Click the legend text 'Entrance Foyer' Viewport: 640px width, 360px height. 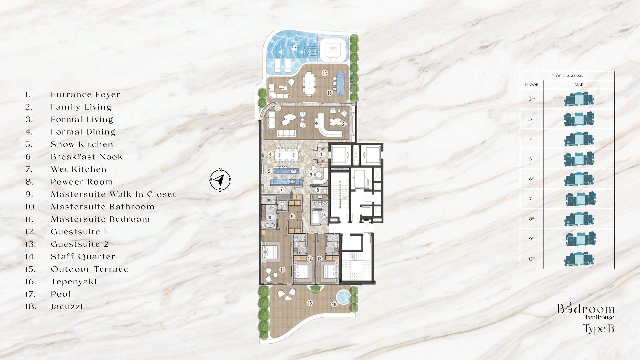coord(85,95)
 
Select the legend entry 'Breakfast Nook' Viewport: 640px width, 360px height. coord(87,157)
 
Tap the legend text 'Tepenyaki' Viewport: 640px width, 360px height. coord(74,282)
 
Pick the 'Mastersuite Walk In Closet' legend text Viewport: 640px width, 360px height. coord(113,194)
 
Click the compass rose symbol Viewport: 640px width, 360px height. coord(220,180)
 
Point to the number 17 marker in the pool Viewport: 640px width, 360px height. coord(294,49)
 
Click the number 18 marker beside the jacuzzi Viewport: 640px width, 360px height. coord(334,304)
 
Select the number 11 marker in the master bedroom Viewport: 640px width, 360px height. coord(282,270)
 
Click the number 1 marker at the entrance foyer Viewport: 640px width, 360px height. coord(321,155)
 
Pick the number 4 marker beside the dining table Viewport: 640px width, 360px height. coord(271,154)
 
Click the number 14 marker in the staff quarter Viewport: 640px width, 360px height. coord(323,215)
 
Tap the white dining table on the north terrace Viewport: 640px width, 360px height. coord(309,84)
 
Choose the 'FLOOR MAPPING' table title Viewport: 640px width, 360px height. coord(567,76)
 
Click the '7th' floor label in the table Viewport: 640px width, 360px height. coord(532,199)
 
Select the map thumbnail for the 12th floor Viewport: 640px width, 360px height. coord(579,259)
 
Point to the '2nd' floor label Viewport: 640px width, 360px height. coord(532,99)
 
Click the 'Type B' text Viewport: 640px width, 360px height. coord(599,329)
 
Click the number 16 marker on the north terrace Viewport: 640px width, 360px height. coord(329,93)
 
